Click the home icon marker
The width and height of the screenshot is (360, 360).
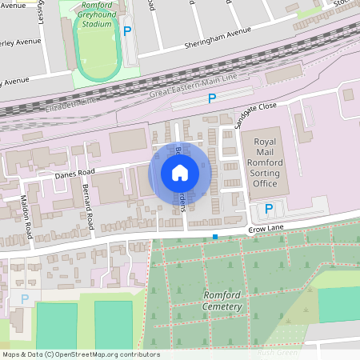[180, 172]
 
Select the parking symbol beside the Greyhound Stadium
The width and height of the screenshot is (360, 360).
[127, 31]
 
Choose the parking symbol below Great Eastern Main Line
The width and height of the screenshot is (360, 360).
[212, 98]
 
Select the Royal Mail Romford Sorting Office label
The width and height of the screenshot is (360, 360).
[265, 162]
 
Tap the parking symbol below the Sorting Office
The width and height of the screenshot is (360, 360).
[269, 209]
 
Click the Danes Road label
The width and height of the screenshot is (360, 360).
[75, 171]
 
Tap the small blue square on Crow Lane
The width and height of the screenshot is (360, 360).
[215, 237]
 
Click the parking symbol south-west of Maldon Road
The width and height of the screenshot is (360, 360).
[24, 299]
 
